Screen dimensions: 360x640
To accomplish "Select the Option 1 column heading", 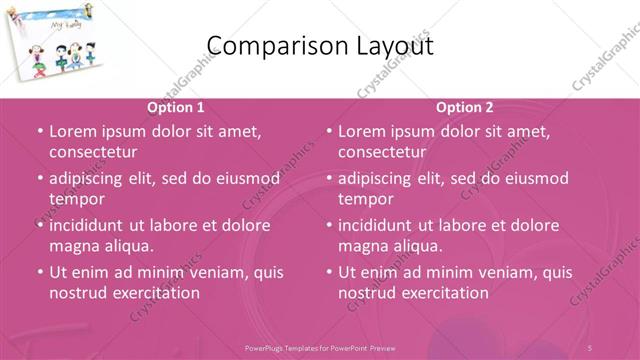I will [x=176, y=107].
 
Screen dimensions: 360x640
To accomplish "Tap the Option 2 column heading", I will [x=465, y=107].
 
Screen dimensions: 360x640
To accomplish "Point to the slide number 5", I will [x=591, y=347].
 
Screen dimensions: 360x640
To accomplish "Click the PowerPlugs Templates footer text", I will [x=320, y=347].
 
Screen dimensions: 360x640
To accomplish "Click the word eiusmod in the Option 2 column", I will [x=532, y=178].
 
